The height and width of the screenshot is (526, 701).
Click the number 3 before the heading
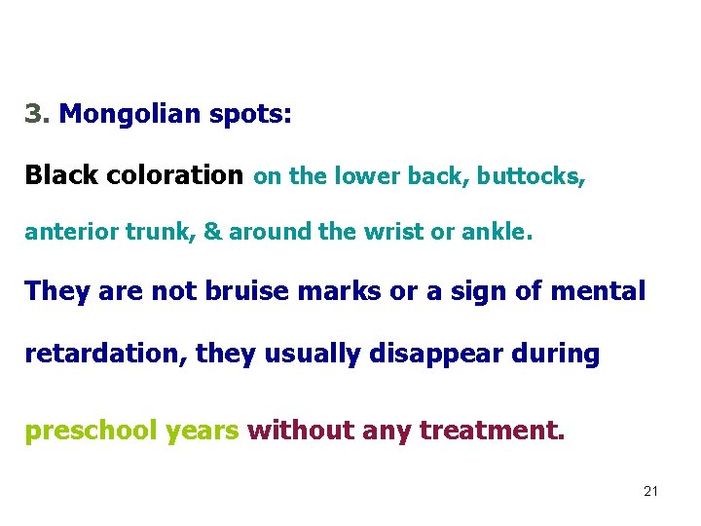coord(34,115)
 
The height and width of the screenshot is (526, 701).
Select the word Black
coord(61,175)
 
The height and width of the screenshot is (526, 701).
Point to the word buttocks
coord(531,176)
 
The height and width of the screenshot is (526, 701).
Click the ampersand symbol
coord(212,233)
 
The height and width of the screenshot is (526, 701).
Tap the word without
coord(302,430)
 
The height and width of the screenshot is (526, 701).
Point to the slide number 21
coord(650,491)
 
